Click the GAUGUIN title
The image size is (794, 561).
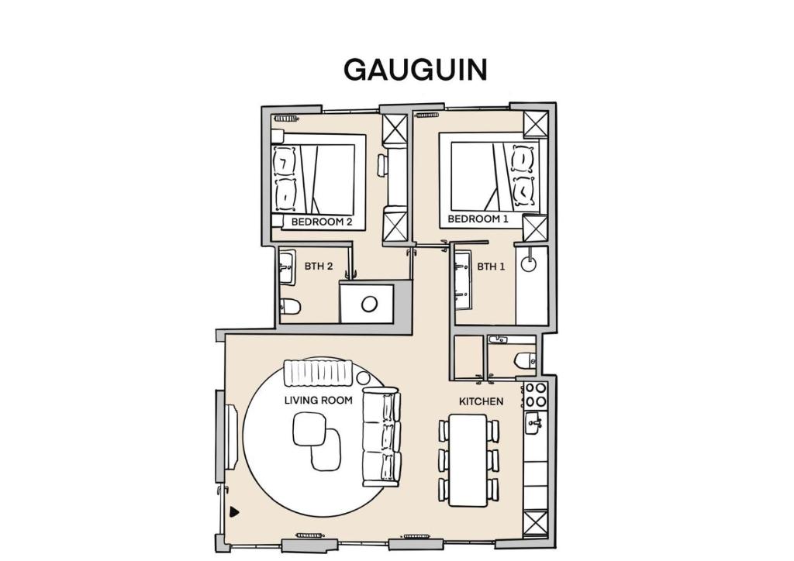(416, 70)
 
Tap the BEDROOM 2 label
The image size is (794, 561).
(322, 222)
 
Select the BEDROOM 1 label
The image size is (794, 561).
(478, 219)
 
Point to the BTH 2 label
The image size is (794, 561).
(319, 266)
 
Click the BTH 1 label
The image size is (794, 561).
(491, 266)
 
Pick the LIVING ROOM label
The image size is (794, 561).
(318, 400)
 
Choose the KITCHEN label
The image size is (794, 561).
(481, 401)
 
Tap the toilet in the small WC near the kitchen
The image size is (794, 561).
(525, 360)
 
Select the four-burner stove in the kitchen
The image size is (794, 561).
(535, 395)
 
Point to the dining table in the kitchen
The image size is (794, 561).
(468, 459)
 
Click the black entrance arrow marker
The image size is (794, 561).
(234, 511)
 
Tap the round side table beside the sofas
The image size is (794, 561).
(363, 378)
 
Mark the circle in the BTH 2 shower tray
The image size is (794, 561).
(369, 304)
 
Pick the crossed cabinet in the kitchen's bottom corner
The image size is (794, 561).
(535, 523)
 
